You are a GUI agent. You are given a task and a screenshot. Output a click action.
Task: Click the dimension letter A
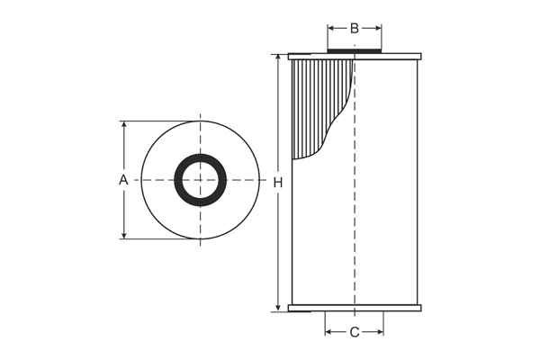coord(123,179)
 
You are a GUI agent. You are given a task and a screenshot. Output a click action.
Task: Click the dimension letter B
coord(355,28)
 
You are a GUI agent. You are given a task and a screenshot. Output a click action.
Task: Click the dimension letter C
coord(355,332)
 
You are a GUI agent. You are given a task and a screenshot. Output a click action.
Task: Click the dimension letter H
coord(278,183)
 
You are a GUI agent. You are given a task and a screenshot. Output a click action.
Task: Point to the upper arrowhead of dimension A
coord(124,125)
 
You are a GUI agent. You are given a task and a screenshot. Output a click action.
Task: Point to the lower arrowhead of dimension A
coord(124,235)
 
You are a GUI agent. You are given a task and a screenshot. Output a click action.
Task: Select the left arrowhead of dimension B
coord(331,28)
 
